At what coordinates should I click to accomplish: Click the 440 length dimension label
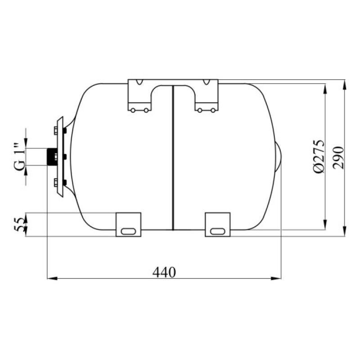click(164, 272)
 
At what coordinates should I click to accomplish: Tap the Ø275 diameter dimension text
click(319, 156)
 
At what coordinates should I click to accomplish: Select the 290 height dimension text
click(339, 158)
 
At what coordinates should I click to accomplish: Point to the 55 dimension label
click(19, 224)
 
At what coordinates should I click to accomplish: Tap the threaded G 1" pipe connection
click(52, 157)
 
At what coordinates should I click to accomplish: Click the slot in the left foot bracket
click(128, 231)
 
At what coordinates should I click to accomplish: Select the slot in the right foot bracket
click(217, 231)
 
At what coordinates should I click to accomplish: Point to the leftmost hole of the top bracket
click(133, 110)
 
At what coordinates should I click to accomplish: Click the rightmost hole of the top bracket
click(213, 110)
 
